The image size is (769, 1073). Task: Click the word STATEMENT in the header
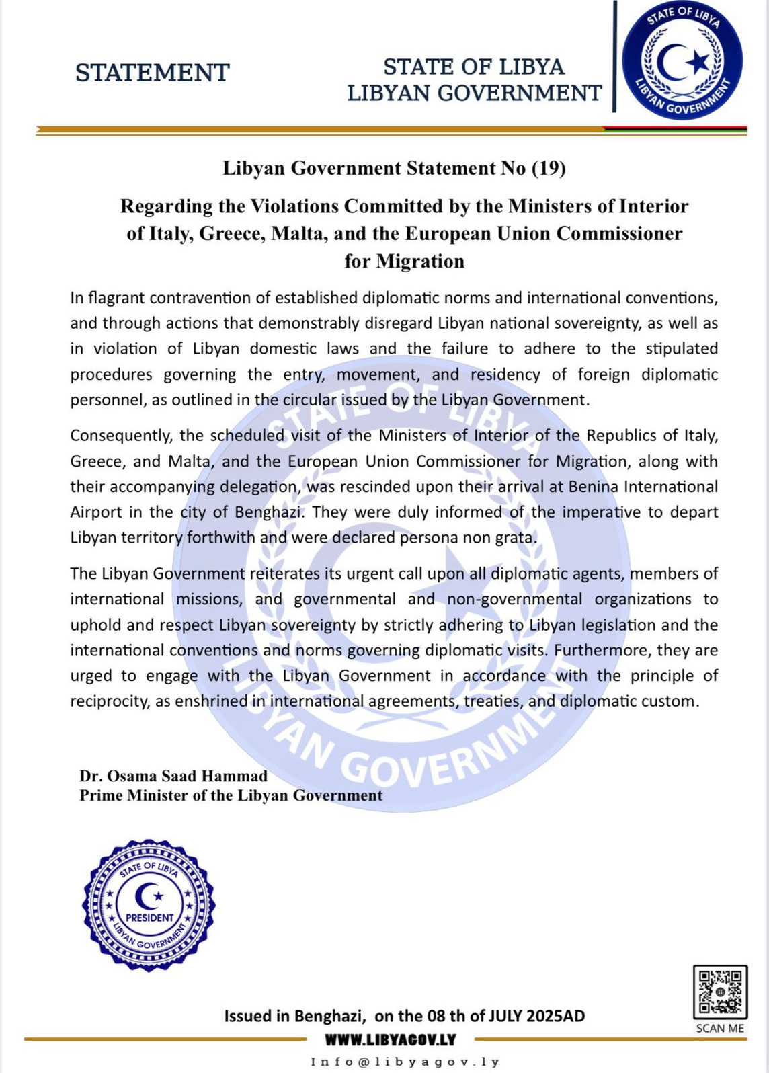tap(153, 73)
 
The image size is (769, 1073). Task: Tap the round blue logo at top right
tap(682, 61)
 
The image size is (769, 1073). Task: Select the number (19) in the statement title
tap(549, 168)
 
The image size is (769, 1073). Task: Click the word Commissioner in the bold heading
tap(619, 233)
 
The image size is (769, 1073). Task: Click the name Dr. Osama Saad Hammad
tap(173, 776)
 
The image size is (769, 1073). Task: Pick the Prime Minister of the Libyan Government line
tap(231, 795)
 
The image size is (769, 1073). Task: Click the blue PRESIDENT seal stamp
tap(149, 905)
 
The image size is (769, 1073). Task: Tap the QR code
tap(720, 992)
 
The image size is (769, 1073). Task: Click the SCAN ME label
tap(720, 1028)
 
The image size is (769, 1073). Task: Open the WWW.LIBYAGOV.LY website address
tap(390, 1040)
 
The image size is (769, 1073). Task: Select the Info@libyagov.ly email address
tap(405, 1062)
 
